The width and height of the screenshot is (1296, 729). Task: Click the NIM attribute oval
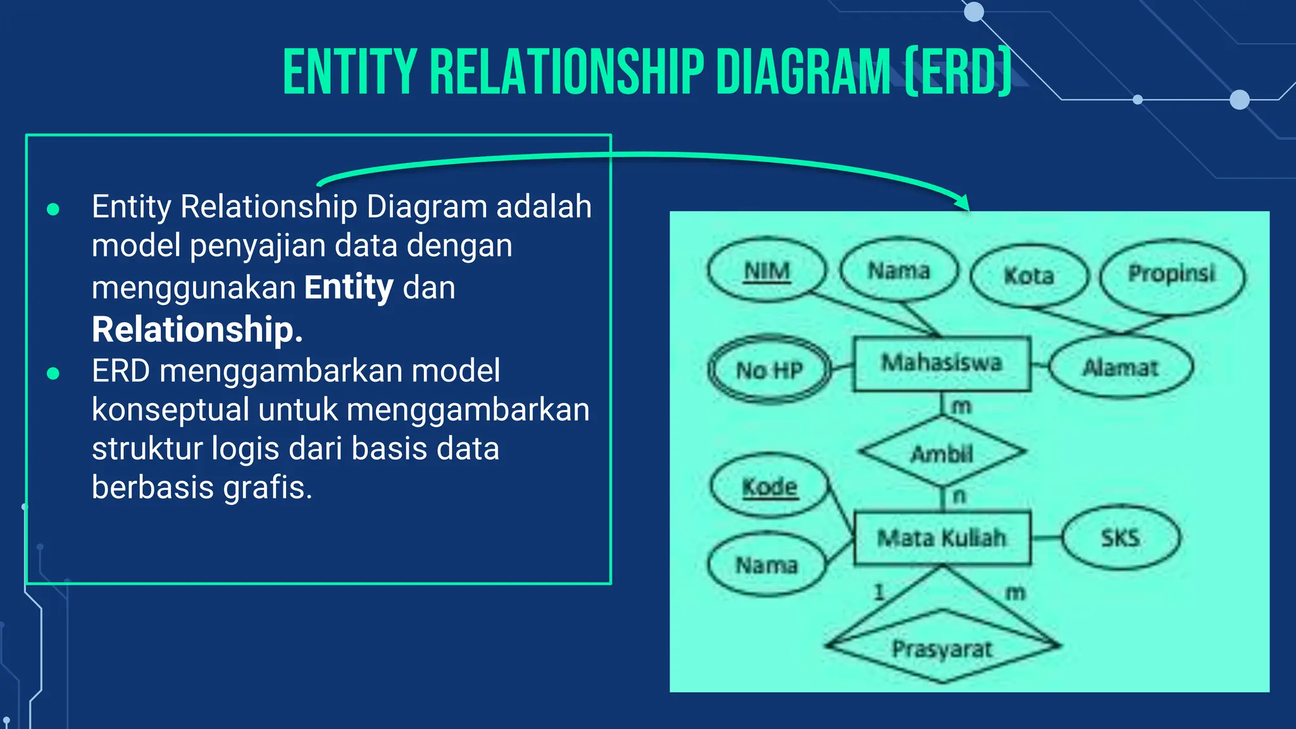pos(767,270)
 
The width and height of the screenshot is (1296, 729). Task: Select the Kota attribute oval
pos(1029,275)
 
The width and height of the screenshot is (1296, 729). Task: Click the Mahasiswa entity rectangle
pos(942,363)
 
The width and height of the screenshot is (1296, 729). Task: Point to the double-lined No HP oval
pos(769,370)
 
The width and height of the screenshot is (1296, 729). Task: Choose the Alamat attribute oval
pos(1121,367)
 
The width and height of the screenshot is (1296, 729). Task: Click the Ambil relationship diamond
pos(942,452)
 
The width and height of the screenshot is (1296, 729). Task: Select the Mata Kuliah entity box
pos(942,538)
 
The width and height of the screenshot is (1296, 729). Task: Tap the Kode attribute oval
pos(769,487)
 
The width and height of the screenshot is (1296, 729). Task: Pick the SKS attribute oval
pos(1121,538)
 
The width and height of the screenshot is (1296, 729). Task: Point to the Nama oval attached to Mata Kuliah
pos(767,564)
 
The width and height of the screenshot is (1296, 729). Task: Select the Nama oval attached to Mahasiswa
pos(899,271)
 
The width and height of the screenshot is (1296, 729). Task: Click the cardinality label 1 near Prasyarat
pos(879,592)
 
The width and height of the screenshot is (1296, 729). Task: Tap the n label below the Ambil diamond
pos(959,495)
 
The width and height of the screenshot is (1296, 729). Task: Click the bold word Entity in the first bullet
pos(349,287)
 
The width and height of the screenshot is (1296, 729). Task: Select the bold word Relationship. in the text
pos(197,330)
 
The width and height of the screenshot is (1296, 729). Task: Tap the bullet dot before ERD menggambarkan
pos(53,374)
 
